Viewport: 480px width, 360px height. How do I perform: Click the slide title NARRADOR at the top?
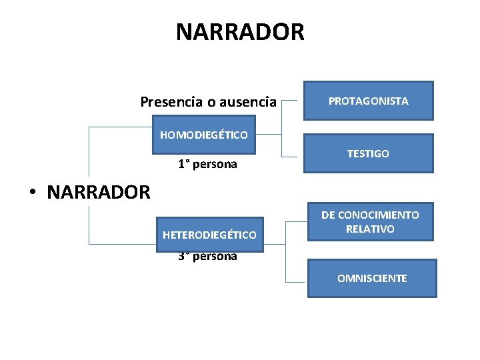240,31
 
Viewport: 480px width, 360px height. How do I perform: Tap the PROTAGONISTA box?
368,101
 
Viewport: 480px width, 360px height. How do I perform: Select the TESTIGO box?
368,153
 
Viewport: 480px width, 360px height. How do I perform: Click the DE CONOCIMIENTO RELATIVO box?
370,222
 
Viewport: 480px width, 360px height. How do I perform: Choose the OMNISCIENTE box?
371,278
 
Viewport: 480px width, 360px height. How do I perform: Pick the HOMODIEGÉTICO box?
203,135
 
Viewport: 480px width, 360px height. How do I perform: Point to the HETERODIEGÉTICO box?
209,235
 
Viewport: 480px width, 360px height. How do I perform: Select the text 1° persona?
207,164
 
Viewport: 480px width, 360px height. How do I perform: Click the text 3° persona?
207,257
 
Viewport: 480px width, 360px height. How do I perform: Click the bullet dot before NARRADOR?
33,193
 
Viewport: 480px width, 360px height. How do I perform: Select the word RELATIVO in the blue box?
370,229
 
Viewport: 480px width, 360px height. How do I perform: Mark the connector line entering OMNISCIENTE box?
295,277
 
